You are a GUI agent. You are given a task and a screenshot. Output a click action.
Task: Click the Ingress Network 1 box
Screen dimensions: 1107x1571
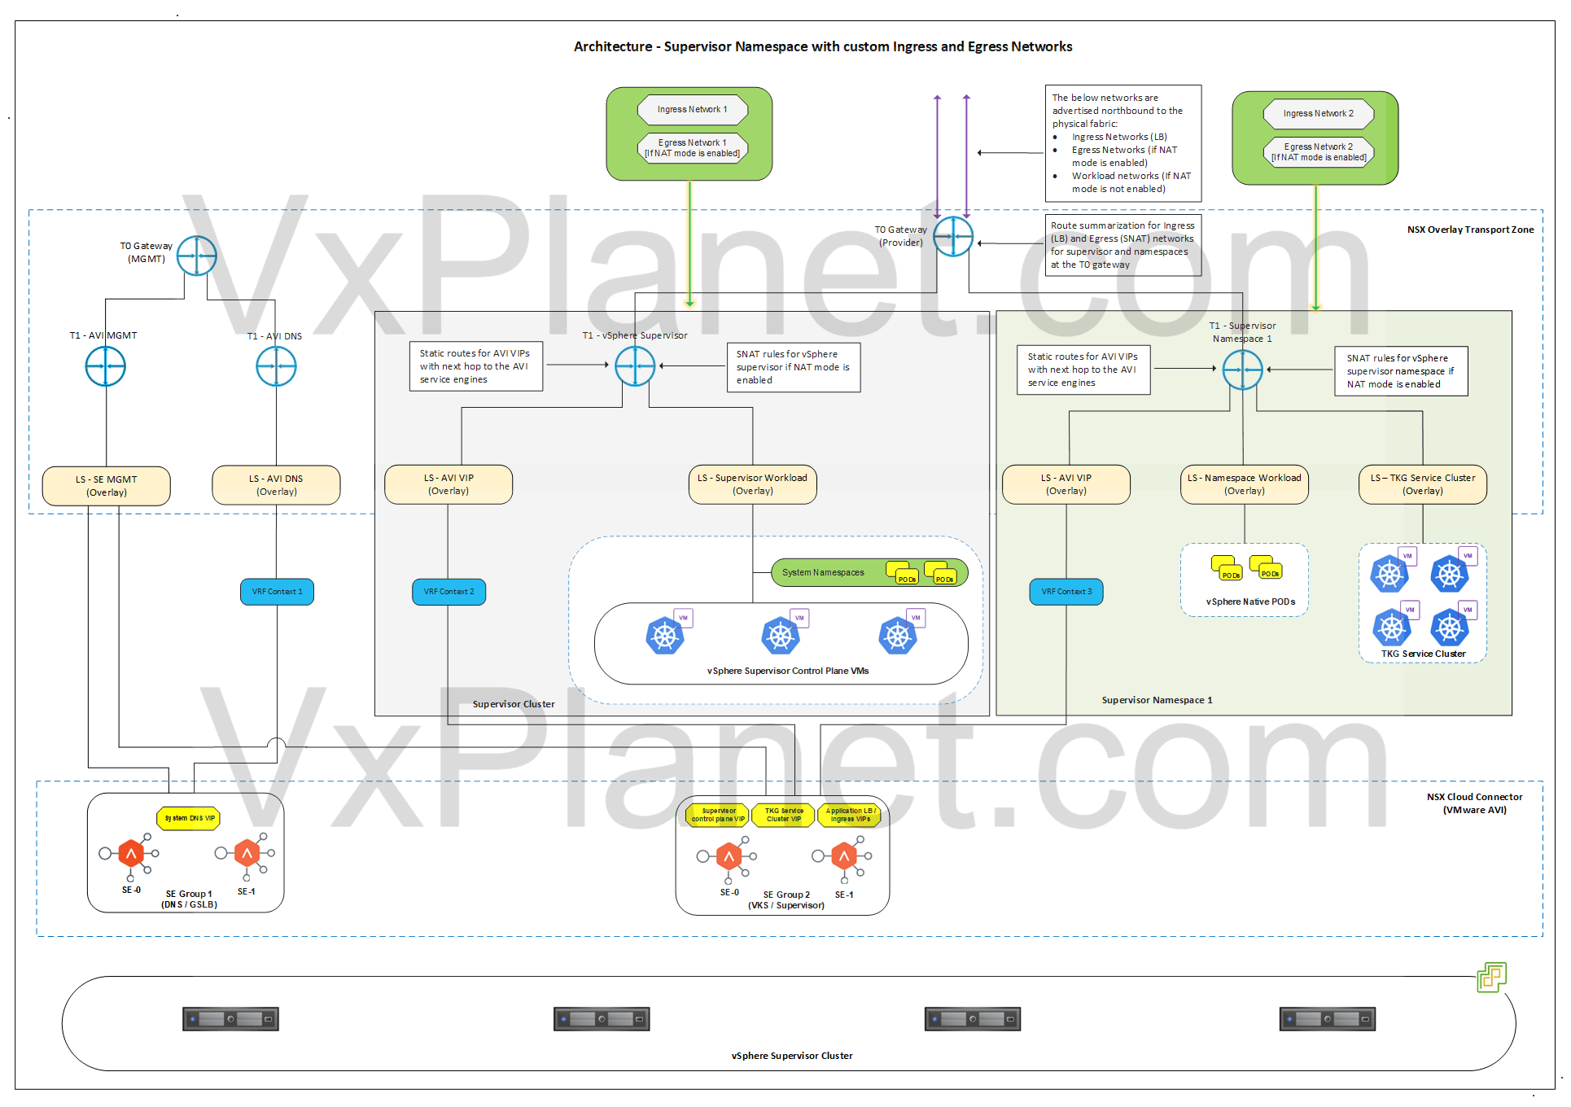coord(692,109)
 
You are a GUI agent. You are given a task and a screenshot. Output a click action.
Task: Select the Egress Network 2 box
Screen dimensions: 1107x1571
coord(1318,152)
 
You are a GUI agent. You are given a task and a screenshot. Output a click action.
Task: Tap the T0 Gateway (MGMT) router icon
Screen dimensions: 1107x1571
coord(196,256)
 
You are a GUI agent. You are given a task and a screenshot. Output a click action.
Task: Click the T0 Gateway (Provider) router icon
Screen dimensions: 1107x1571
coord(952,237)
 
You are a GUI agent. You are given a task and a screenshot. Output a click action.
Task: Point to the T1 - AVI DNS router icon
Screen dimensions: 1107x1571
coord(276,366)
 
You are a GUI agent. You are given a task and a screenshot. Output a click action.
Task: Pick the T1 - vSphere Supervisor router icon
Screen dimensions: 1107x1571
coord(635,366)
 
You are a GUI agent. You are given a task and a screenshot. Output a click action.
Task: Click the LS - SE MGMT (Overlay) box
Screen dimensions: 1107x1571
coord(107,486)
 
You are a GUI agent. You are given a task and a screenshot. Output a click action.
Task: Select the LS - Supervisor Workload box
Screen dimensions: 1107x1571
coord(752,484)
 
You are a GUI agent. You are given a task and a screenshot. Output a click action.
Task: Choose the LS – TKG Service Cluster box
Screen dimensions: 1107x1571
coord(1422,484)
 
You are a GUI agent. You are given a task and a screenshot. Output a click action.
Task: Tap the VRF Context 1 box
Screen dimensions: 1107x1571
coord(277,592)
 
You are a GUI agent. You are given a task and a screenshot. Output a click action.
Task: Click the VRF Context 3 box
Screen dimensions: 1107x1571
coord(1066,592)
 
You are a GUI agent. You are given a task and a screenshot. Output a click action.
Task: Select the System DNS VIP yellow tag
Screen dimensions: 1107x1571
coord(189,818)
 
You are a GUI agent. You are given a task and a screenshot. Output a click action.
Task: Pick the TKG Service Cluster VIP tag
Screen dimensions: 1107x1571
coord(783,815)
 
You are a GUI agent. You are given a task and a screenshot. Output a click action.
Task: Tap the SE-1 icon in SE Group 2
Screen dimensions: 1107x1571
coord(844,856)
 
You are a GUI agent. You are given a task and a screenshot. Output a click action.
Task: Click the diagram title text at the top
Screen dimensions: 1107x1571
coord(822,46)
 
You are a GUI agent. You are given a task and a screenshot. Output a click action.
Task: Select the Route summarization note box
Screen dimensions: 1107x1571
coord(1122,245)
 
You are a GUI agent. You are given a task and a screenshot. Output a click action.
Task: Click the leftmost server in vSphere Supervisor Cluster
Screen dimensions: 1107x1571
coord(230,1019)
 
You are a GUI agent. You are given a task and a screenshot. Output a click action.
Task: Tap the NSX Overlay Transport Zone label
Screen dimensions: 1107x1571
coord(1470,230)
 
